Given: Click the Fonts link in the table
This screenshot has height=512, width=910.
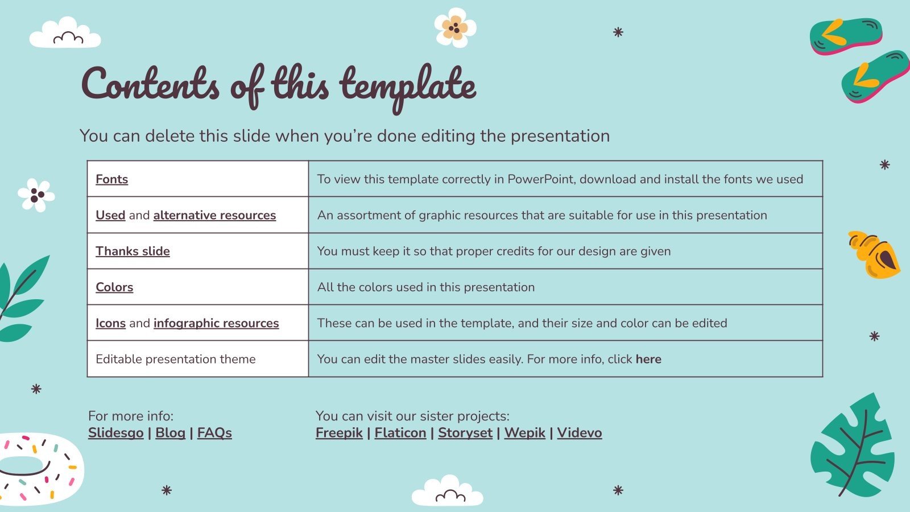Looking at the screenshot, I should pyautogui.click(x=111, y=179).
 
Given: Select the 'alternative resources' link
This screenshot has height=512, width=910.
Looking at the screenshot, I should pyautogui.click(x=214, y=215).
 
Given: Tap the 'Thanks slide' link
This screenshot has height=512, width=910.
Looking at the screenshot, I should pyautogui.click(x=133, y=251).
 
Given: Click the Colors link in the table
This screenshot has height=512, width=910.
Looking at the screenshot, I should pyautogui.click(x=114, y=287).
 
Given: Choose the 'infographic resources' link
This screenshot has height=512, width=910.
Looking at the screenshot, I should pyautogui.click(x=216, y=323).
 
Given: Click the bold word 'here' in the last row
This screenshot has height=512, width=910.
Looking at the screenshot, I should pyautogui.click(x=648, y=359).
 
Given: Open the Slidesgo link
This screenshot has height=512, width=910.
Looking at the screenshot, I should pyautogui.click(x=115, y=433).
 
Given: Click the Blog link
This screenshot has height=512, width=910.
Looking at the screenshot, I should pyautogui.click(x=170, y=433).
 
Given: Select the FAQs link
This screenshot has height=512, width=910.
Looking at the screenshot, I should pyautogui.click(x=214, y=433).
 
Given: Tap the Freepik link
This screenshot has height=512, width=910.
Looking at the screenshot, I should pyautogui.click(x=339, y=433).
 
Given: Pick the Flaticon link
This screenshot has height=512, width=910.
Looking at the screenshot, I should pyautogui.click(x=400, y=433).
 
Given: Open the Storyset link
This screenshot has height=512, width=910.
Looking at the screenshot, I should pyautogui.click(x=465, y=433).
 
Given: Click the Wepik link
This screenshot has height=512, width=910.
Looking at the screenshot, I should pyautogui.click(x=524, y=433).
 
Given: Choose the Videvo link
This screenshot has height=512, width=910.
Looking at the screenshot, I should pyautogui.click(x=579, y=433).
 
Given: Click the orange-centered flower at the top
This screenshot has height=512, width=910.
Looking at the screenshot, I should pyautogui.click(x=454, y=27).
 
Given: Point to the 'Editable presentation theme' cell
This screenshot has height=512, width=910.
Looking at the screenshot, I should pyautogui.click(x=176, y=359).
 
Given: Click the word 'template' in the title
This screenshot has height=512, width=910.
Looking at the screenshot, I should pyautogui.click(x=408, y=85).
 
